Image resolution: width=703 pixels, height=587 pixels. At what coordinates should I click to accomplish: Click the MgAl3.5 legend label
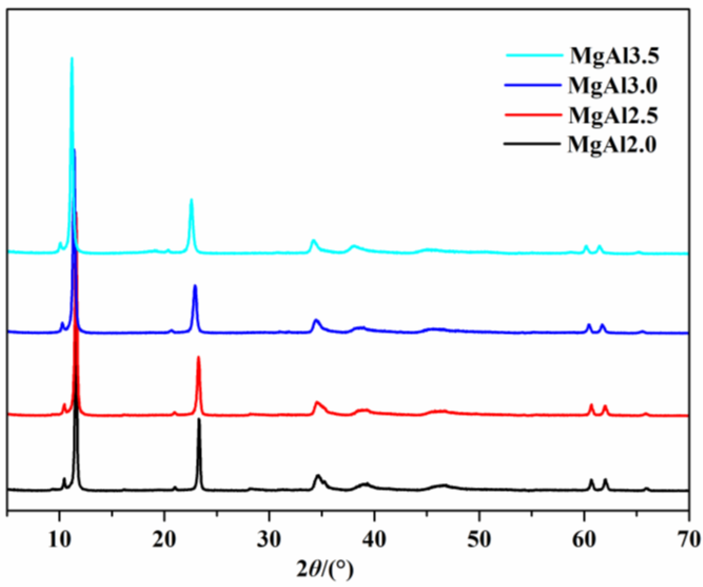[614, 56]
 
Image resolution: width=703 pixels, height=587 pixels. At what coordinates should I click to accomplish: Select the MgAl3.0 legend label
[613, 86]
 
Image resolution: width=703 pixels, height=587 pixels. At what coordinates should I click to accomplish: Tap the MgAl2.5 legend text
[613, 116]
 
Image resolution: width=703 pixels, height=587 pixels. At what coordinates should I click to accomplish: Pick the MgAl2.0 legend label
[612, 145]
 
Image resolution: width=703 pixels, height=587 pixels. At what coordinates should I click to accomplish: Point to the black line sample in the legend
[532, 144]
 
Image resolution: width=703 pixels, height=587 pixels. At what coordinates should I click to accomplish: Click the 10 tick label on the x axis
[59, 541]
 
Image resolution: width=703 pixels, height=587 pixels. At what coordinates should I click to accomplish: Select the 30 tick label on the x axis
[269, 541]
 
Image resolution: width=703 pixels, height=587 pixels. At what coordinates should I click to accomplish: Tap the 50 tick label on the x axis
[479, 541]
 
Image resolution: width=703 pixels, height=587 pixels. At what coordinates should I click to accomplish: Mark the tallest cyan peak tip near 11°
[72, 58]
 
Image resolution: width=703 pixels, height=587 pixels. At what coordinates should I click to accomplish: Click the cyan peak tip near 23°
[191, 200]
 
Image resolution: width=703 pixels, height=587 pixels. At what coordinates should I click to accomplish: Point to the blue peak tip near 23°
[195, 286]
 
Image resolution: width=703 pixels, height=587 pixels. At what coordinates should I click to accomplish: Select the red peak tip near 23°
[198, 357]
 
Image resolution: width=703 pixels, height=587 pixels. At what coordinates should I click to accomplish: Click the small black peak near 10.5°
[64, 479]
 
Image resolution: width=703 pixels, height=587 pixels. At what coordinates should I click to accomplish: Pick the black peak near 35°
[318, 476]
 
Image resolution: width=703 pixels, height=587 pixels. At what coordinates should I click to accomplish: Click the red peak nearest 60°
[591, 405]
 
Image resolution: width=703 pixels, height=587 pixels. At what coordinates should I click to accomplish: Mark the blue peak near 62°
[603, 325]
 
